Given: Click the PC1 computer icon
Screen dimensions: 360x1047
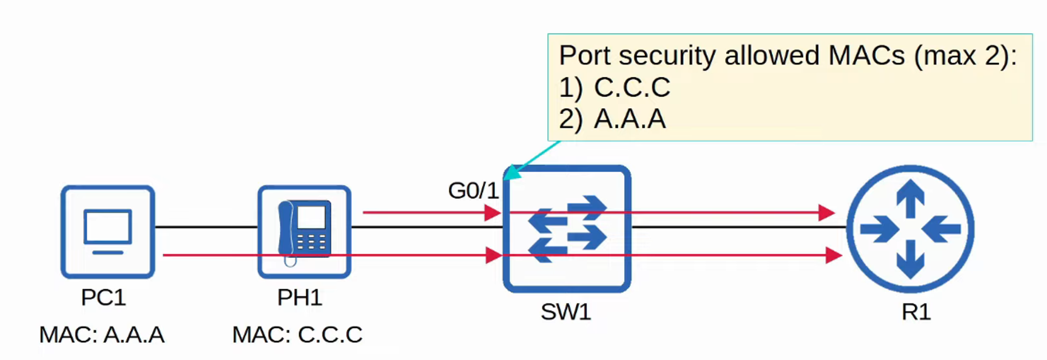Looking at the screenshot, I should point(108,232).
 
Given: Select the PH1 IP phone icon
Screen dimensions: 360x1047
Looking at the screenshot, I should point(304,232).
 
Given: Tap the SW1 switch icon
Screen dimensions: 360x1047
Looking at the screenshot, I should point(567,229).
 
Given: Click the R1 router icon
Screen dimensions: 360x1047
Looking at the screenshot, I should point(910,229).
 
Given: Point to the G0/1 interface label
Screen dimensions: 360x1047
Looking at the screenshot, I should point(473,190).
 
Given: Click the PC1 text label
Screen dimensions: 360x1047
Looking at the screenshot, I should point(103,298).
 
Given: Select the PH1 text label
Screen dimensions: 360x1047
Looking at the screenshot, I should point(299,298).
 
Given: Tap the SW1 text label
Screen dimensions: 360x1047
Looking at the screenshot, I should point(566,312).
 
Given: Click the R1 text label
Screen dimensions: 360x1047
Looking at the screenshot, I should point(916,312).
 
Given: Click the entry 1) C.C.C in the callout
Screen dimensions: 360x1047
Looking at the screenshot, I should point(615,87).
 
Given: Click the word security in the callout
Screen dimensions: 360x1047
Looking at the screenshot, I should point(667,56).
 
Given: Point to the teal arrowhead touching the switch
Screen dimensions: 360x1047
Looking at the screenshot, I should point(512,172).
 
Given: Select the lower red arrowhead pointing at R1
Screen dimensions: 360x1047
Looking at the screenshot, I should point(833,255).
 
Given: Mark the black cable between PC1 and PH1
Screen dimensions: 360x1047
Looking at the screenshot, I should point(206,227).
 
